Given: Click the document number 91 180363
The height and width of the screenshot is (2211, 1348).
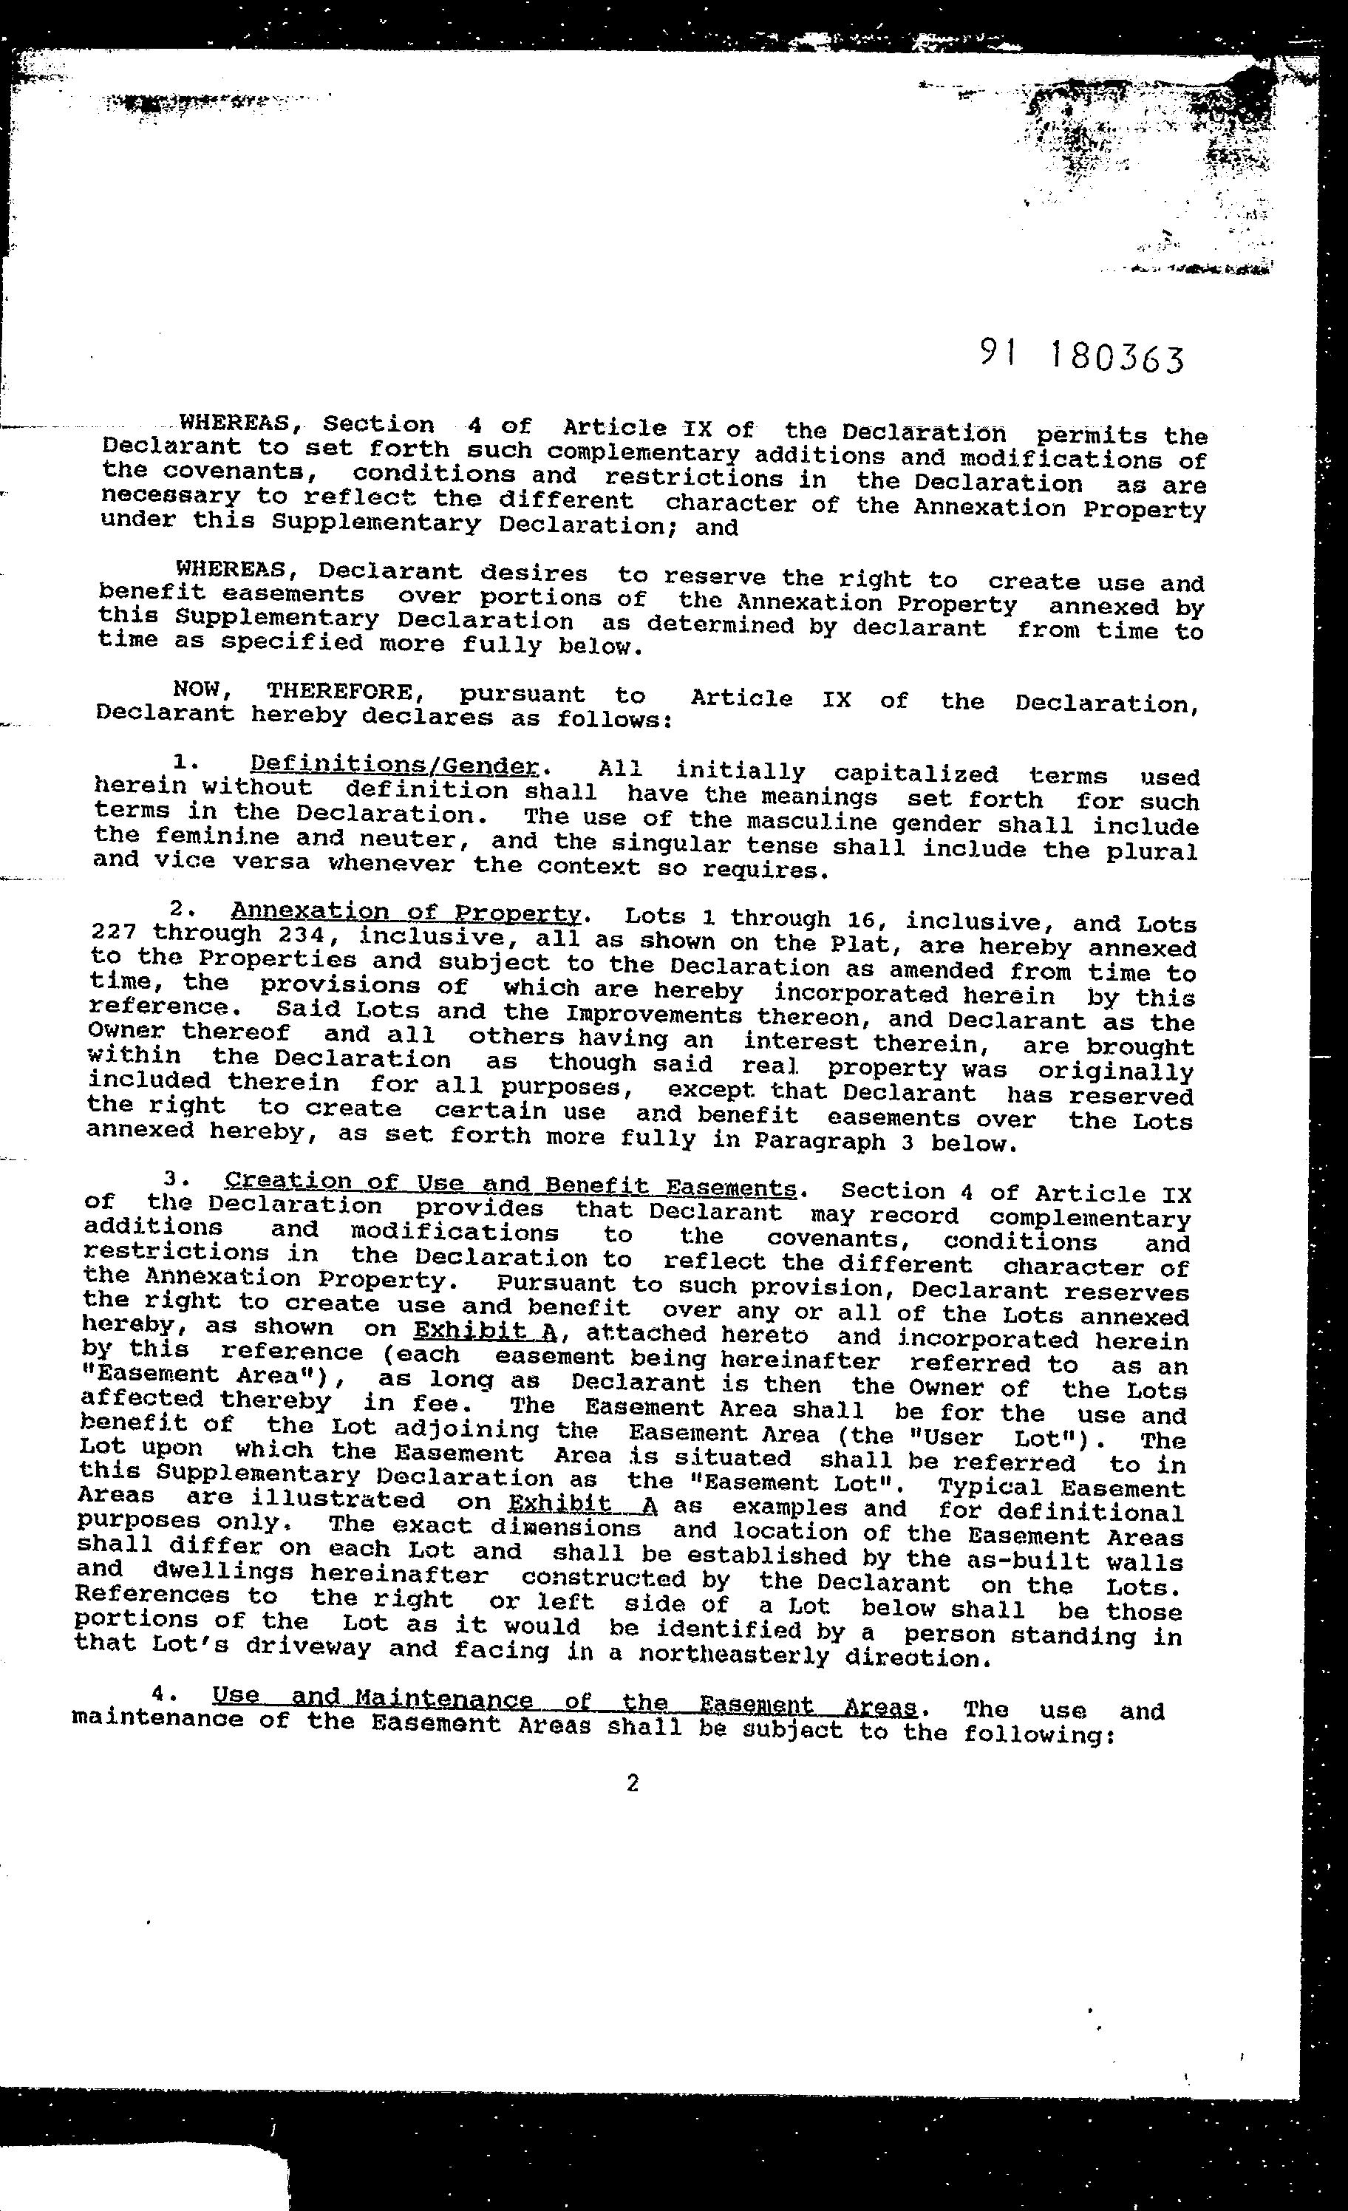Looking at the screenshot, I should point(1080,357).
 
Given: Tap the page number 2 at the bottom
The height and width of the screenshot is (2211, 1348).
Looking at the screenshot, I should point(633,1783).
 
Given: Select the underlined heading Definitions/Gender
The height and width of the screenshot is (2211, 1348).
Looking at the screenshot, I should point(395,766).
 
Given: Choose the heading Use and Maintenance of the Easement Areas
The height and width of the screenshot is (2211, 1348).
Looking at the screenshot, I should point(565,1700).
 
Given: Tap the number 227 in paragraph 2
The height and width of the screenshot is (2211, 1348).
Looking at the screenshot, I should point(114,931).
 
